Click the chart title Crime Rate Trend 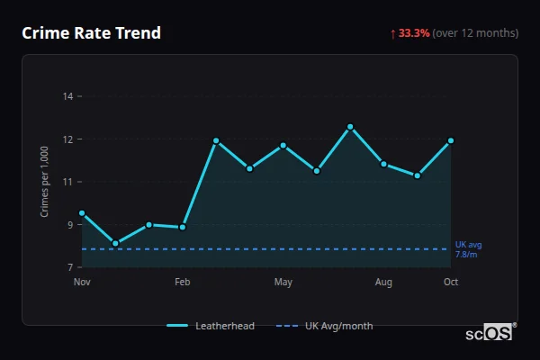[x=91, y=33]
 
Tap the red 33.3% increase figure [x=414, y=33]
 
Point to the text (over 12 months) [x=475, y=33]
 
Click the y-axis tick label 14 [x=68, y=95]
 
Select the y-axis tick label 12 [x=68, y=139]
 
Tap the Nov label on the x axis [x=82, y=283]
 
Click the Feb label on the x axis [x=183, y=283]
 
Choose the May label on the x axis [x=283, y=283]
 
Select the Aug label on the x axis [x=384, y=283]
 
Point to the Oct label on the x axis [x=451, y=283]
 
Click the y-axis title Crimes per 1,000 [x=45, y=182]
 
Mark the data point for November [x=82, y=213]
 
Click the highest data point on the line [x=350, y=127]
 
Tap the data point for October [x=451, y=140]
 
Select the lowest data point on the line [x=115, y=243]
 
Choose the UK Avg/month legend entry [x=326, y=326]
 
